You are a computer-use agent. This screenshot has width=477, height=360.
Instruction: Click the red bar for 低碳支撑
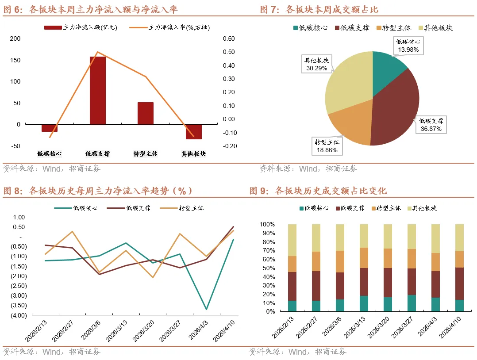[98, 91]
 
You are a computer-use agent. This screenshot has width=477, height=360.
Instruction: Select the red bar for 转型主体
[146, 114]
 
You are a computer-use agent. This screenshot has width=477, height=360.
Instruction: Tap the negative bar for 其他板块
[193, 132]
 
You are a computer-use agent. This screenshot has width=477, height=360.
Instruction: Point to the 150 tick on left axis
[15, 60]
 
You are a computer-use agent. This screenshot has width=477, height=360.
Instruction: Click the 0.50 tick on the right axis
[229, 52]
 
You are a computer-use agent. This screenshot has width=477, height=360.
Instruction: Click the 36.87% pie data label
[431, 125]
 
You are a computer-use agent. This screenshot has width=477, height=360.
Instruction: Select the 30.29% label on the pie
[316, 64]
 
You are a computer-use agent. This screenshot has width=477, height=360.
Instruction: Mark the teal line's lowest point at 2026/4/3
[206, 309]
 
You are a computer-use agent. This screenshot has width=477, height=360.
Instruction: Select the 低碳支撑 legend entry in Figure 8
[133, 208]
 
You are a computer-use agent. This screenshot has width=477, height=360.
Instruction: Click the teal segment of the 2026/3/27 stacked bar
[412, 303]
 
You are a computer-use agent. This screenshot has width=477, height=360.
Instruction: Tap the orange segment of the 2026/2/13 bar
[292, 264]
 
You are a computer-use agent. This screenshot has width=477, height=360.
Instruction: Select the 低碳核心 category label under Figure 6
[49, 154]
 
